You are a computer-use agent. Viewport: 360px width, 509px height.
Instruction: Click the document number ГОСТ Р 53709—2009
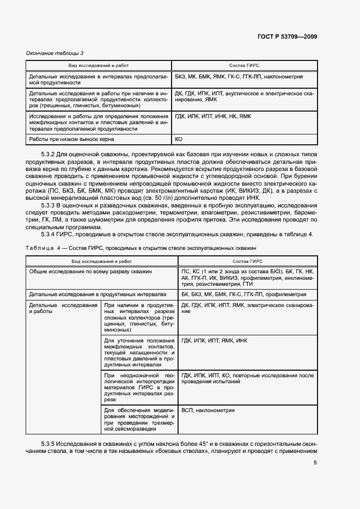(x=286, y=36)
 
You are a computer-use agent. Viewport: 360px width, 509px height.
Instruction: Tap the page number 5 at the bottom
(x=315, y=463)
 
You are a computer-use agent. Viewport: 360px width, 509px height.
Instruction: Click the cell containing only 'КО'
(x=179, y=139)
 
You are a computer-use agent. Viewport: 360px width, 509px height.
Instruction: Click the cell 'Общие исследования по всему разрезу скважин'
(x=90, y=271)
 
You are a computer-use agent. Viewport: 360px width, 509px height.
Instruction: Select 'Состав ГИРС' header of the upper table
(x=245, y=65)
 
